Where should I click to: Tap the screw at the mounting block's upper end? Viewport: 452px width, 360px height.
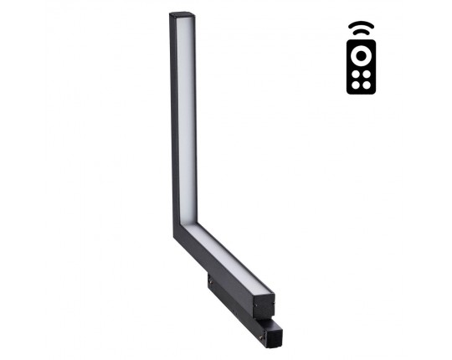coord(209,280)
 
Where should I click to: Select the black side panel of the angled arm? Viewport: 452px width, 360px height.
coord(213,265)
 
